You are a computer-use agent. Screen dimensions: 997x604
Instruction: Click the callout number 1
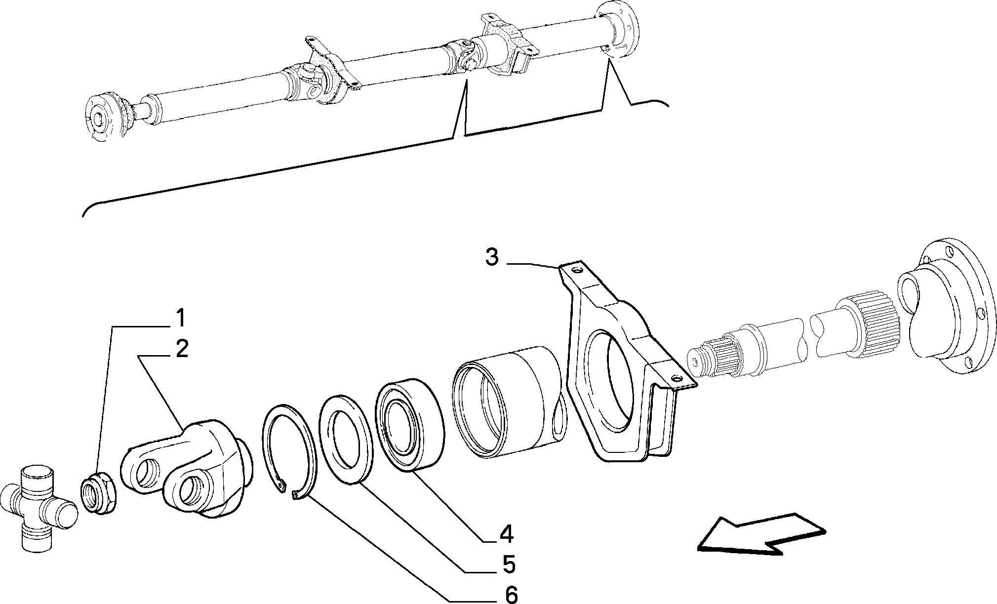tap(181, 319)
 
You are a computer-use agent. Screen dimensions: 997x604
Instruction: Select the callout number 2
tap(181, 349)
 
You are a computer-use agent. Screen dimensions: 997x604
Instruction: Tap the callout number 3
tap(491, 257)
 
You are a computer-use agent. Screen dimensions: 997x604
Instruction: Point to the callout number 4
tap(506, 534)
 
